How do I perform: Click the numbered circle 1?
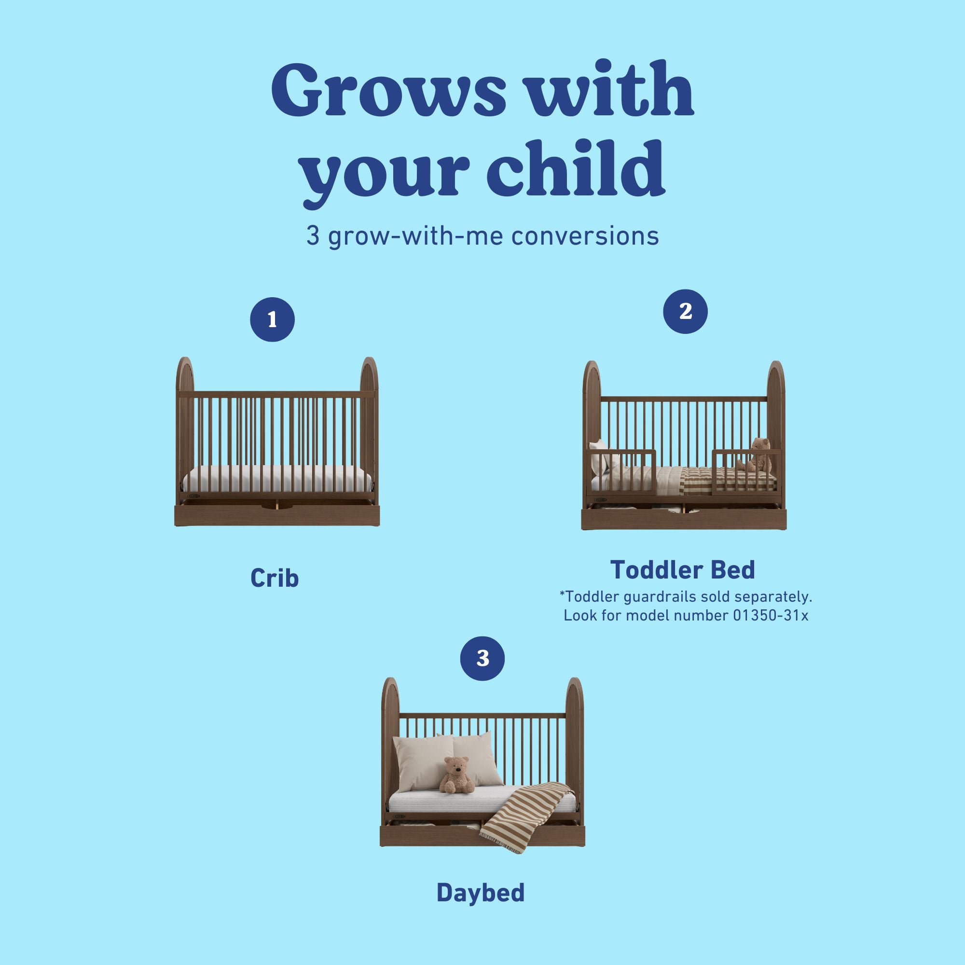click(x=272, y=320)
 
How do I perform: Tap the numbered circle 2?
click(x=685, y=312)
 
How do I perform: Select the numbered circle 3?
click(x=482, y=658)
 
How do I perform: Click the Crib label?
click(x=274, y=579)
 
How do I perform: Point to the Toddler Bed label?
click(x=682, y=570)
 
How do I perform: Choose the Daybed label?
click(x=481, y=893)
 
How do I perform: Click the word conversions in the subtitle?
click(x=585, y=236)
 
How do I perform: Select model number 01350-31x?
click(x=770, y=615)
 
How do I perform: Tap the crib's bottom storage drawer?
click(x=277, y=515)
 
